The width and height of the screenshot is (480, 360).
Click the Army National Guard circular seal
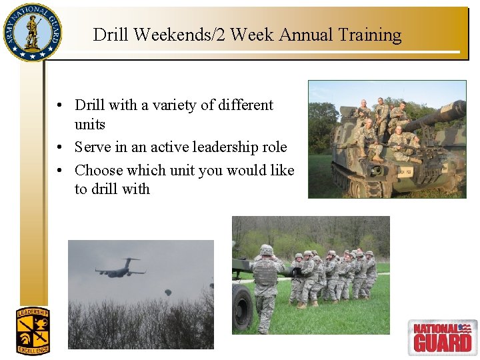click(31, 32)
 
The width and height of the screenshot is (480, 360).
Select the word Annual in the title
click(297, 35)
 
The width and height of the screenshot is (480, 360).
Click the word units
click(90, 125)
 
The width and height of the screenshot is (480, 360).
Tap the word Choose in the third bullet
click(97, 171)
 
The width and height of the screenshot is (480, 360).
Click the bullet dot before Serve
click(60, 147)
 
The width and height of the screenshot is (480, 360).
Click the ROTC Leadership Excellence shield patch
click(33, 330)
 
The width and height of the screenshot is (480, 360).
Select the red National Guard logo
click(442, 337)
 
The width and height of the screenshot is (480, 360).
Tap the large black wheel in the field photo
click(242, 307)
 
